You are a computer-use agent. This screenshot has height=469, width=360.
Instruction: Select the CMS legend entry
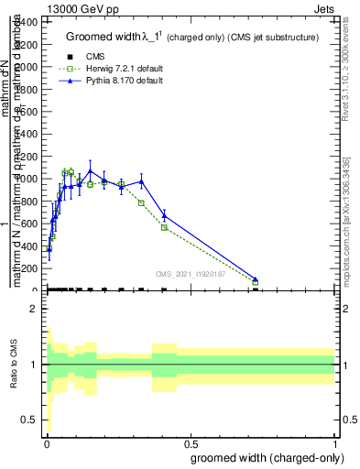pyautogui.click(x=94, y=57)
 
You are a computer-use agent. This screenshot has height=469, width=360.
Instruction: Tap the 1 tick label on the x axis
pyautogui.click(x=335, y=443)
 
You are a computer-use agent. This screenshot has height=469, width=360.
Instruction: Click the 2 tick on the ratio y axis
pyautogui.click(x=35, y=310)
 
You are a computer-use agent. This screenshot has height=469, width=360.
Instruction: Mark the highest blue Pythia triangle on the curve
pyautogui.click(x=90, y=170)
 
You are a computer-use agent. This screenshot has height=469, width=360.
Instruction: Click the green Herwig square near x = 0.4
pyautogui.click(x=164, y=227)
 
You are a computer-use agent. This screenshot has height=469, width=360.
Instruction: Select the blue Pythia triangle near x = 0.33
pyautogui.click(x=141, y=181)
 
